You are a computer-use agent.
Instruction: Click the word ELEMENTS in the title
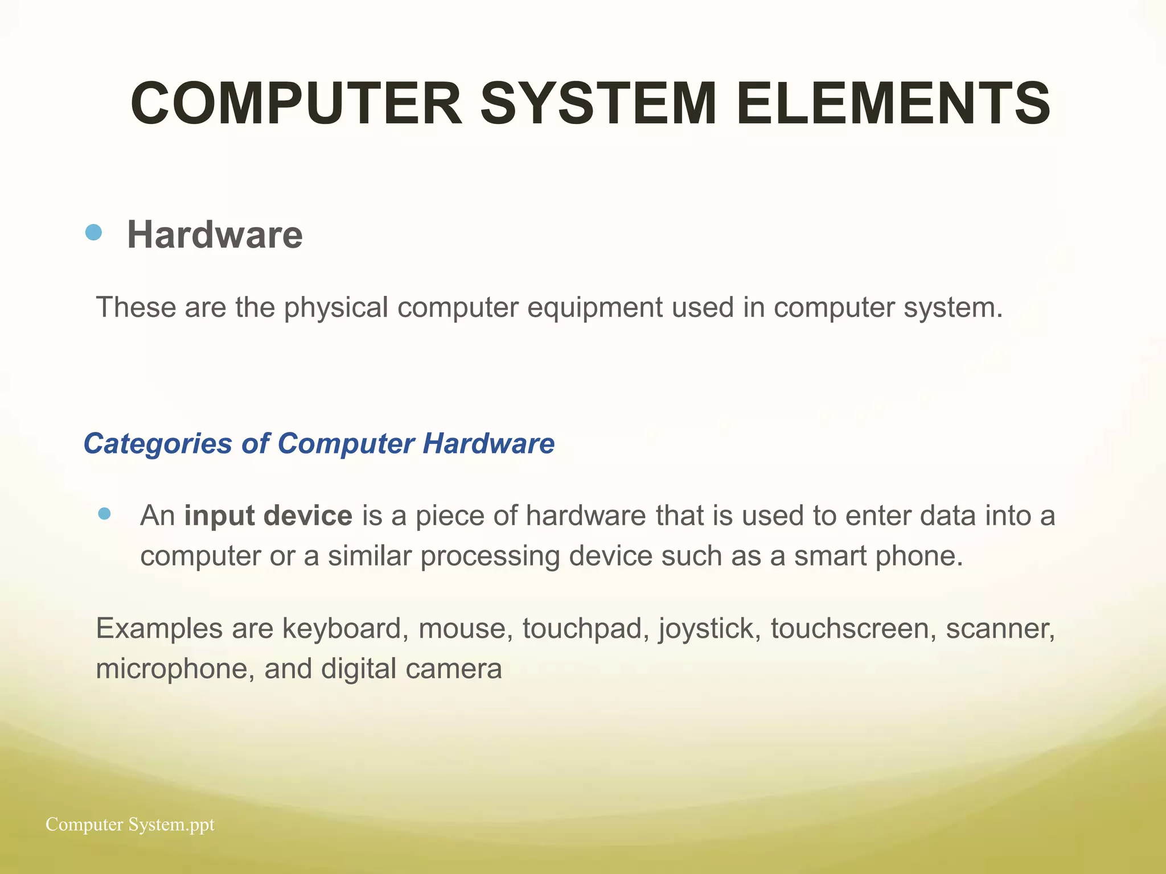(x=893, y=104)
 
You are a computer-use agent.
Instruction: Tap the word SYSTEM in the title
(x=598, y=104)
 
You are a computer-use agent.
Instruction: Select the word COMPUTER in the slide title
(x=296, y=104)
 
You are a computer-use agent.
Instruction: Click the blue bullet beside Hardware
(x=93, y=232)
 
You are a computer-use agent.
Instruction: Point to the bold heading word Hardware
(x=215, y=234)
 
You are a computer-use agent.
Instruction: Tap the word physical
(x=336, y=308)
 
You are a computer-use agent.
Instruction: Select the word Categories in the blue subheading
(x=158, y=443)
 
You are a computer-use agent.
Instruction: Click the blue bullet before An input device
(x=104, y=514)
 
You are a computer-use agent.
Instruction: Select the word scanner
(x=1000, y=629)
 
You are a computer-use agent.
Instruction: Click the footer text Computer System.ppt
(x=130, y=824)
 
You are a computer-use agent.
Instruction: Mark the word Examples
(x=159, y=629)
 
